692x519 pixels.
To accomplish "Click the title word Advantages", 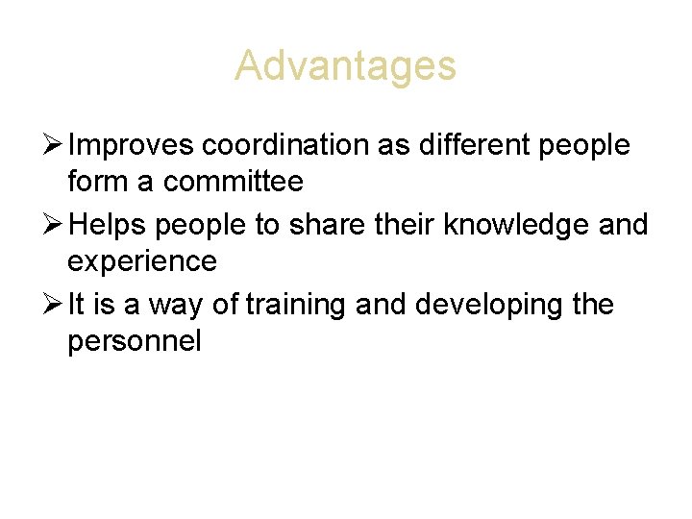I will click(345, 67).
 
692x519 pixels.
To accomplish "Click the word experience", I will click(142, 261).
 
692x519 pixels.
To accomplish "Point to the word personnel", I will click(135, 341).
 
